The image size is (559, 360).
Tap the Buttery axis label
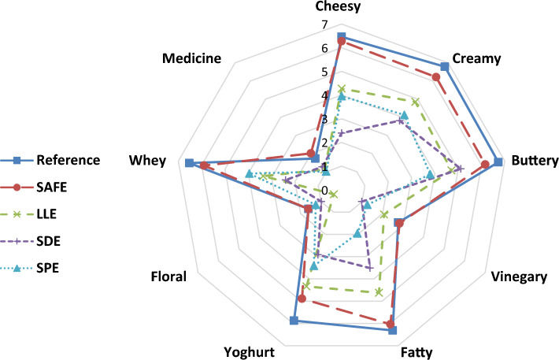(534, 161)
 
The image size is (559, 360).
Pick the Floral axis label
(168, 277)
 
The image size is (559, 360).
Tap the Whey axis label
(147, 161)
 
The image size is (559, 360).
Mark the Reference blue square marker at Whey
(189, 163)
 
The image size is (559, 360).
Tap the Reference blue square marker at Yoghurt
(294, 321)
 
